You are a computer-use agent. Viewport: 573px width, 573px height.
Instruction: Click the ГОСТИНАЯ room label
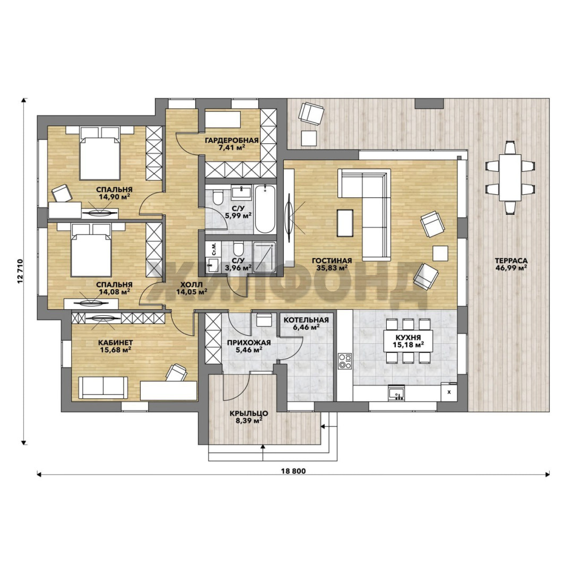332,261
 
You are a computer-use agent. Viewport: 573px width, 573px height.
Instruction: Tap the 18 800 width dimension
293,471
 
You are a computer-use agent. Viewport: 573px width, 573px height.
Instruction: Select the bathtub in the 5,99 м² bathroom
265,209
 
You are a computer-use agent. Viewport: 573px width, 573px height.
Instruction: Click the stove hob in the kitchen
345,361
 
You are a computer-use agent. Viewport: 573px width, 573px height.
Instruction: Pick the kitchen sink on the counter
396,394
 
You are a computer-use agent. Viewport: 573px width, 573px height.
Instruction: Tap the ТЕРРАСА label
511,261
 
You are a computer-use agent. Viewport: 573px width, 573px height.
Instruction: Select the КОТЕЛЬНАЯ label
306,320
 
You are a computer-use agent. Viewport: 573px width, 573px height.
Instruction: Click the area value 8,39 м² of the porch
249,421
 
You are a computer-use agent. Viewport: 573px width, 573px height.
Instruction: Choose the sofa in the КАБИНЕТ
103,388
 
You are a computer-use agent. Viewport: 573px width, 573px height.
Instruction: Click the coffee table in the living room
345,223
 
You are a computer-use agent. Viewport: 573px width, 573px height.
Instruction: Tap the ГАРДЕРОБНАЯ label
232,140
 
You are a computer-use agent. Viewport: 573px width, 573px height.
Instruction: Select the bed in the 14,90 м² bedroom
100,153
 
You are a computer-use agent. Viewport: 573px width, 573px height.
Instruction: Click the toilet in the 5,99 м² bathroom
218,198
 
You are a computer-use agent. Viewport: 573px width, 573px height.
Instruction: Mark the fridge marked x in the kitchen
449,392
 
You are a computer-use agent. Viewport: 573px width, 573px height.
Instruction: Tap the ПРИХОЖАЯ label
249,343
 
